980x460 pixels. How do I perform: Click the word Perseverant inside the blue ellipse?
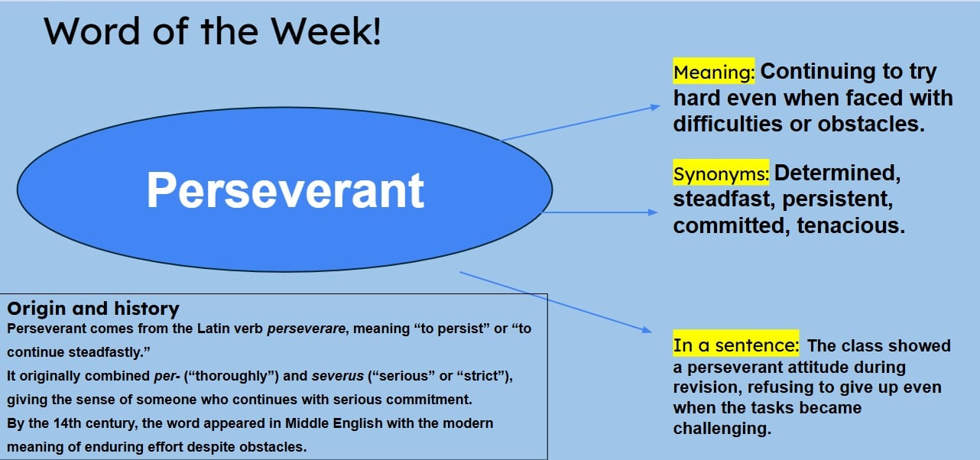pos(285,190)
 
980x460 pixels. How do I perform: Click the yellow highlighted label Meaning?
pos(714,73)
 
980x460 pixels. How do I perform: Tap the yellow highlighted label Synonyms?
pos(721,174)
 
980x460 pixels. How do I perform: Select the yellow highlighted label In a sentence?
pos(735,345)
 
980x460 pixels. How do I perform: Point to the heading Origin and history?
pos(92,309)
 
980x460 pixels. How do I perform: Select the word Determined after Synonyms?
pos(838,173)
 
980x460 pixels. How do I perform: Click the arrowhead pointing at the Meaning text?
pos(654,108)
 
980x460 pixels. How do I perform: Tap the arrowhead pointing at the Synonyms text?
pos(653,212)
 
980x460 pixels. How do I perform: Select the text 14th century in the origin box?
pos(76,423)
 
